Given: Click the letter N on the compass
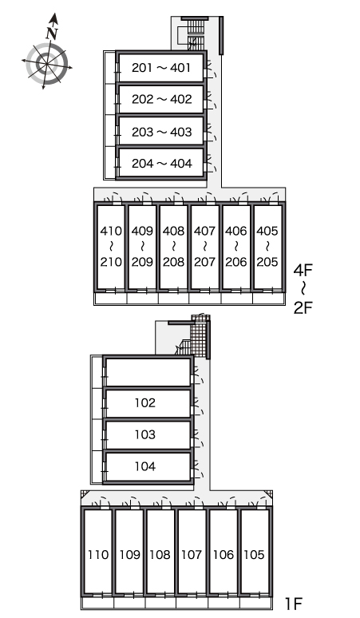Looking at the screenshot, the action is [x=52, y=33].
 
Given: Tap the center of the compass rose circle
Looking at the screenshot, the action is [x=47, y=63].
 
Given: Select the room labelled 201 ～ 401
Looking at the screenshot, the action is [x=161, y=68].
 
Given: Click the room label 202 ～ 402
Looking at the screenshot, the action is [x=161, y=99].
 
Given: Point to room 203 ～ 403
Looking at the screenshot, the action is [x=161, y=131].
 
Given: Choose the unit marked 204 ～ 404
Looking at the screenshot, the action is [x=161, y=163].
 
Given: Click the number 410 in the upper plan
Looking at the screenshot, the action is [x=111, y=231].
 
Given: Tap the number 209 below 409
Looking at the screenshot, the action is [x=142, y=262].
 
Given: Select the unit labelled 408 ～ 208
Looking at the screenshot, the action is [x=174, y=247].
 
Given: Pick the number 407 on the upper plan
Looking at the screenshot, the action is [x=205, y=231].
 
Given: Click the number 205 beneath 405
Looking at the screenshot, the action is [x=267, y=262].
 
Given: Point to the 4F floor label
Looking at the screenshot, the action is [x=303, y=270].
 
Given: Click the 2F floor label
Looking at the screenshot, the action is [x=303, y=307].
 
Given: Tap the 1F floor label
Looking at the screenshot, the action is [x=294, y=604].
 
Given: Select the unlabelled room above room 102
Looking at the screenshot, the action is [x=148, y=372].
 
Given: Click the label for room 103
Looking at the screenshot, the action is [x=145, y=434].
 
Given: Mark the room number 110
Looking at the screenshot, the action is [x=97, y=555].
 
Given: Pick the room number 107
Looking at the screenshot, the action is [x=192, y=555].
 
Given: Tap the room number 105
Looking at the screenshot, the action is [x=254, y=555].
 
